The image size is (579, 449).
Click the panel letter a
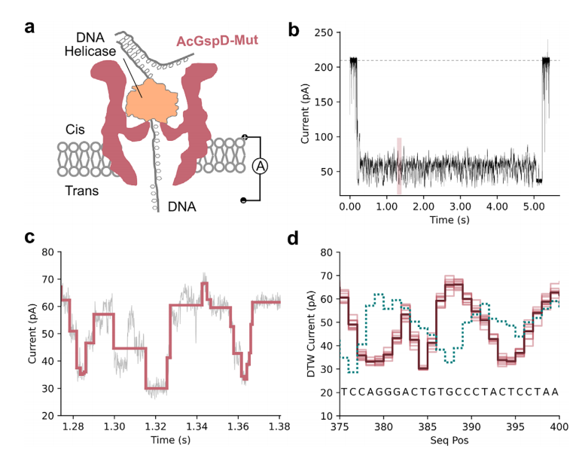[30, 28]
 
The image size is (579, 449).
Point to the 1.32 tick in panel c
[156, 426]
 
